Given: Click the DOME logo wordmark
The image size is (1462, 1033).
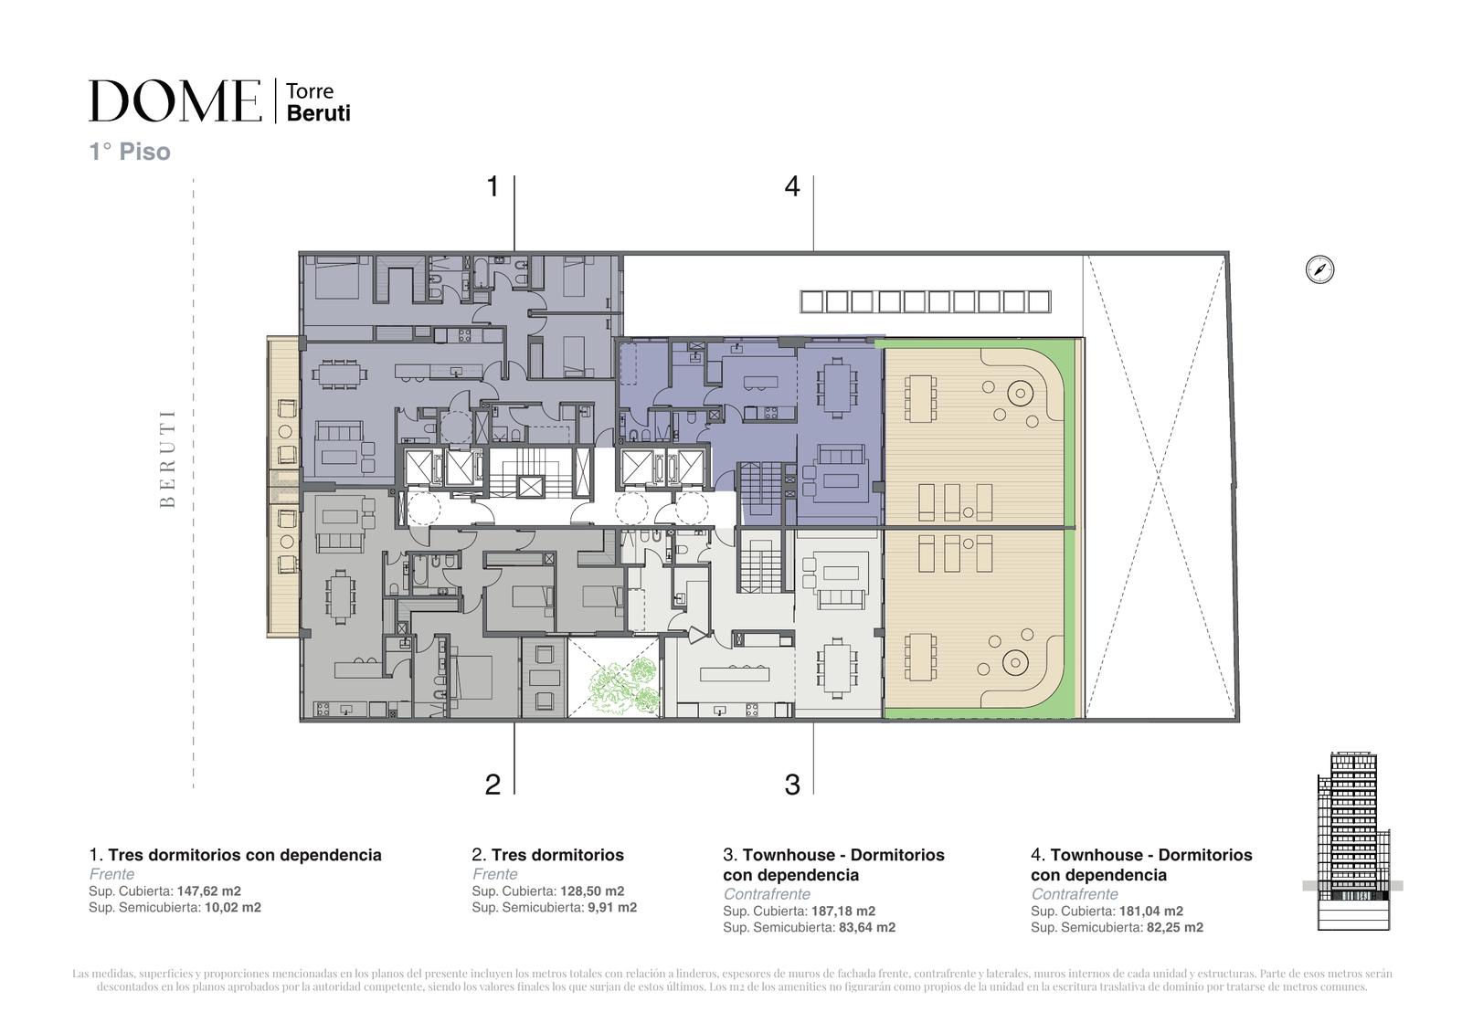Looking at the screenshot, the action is coord(175,100).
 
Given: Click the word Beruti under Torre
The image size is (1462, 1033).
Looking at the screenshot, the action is coord(319,113).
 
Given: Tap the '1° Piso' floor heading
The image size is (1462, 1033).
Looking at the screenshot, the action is coord(130,152).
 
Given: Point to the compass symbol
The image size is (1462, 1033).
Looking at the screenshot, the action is coord(1319,269).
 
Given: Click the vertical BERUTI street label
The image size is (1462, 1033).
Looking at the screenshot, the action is coord(168,459).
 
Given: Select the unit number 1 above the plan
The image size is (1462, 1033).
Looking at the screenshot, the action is coord(493,186).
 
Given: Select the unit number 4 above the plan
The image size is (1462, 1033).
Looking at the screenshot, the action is coord(791,186).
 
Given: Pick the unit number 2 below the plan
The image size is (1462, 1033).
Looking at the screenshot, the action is coord(493,785).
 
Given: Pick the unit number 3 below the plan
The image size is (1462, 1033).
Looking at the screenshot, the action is coord(792,785).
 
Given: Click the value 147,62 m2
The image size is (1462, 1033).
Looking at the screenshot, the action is coord(209,891).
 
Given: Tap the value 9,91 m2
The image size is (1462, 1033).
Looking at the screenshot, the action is coord(612,908).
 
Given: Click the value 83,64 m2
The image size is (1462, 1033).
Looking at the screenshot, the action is coord(867,927).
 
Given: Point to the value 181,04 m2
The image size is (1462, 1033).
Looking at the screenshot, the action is coord(1151,911).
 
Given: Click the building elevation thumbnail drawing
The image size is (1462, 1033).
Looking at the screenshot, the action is coord(1353,841).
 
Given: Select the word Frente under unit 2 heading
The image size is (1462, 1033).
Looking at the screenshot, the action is coord(494,874).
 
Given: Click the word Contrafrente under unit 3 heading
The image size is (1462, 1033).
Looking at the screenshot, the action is coord(767,894).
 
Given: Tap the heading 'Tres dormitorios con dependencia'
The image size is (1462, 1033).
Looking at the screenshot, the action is coord(245,855).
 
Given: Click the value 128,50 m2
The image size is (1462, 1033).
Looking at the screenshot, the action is coord(592,891).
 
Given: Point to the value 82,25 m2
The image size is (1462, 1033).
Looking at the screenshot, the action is coord(1175,927).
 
